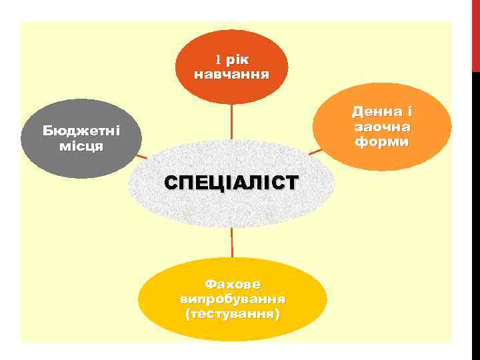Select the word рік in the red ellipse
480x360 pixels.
tap(237, 59)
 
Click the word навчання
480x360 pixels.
tap(231, 73)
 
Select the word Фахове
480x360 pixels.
tap(232, 284)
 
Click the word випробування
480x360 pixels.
tap(233, 298)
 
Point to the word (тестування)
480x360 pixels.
tap(233, 313)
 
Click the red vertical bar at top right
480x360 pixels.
tap(476, 33)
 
